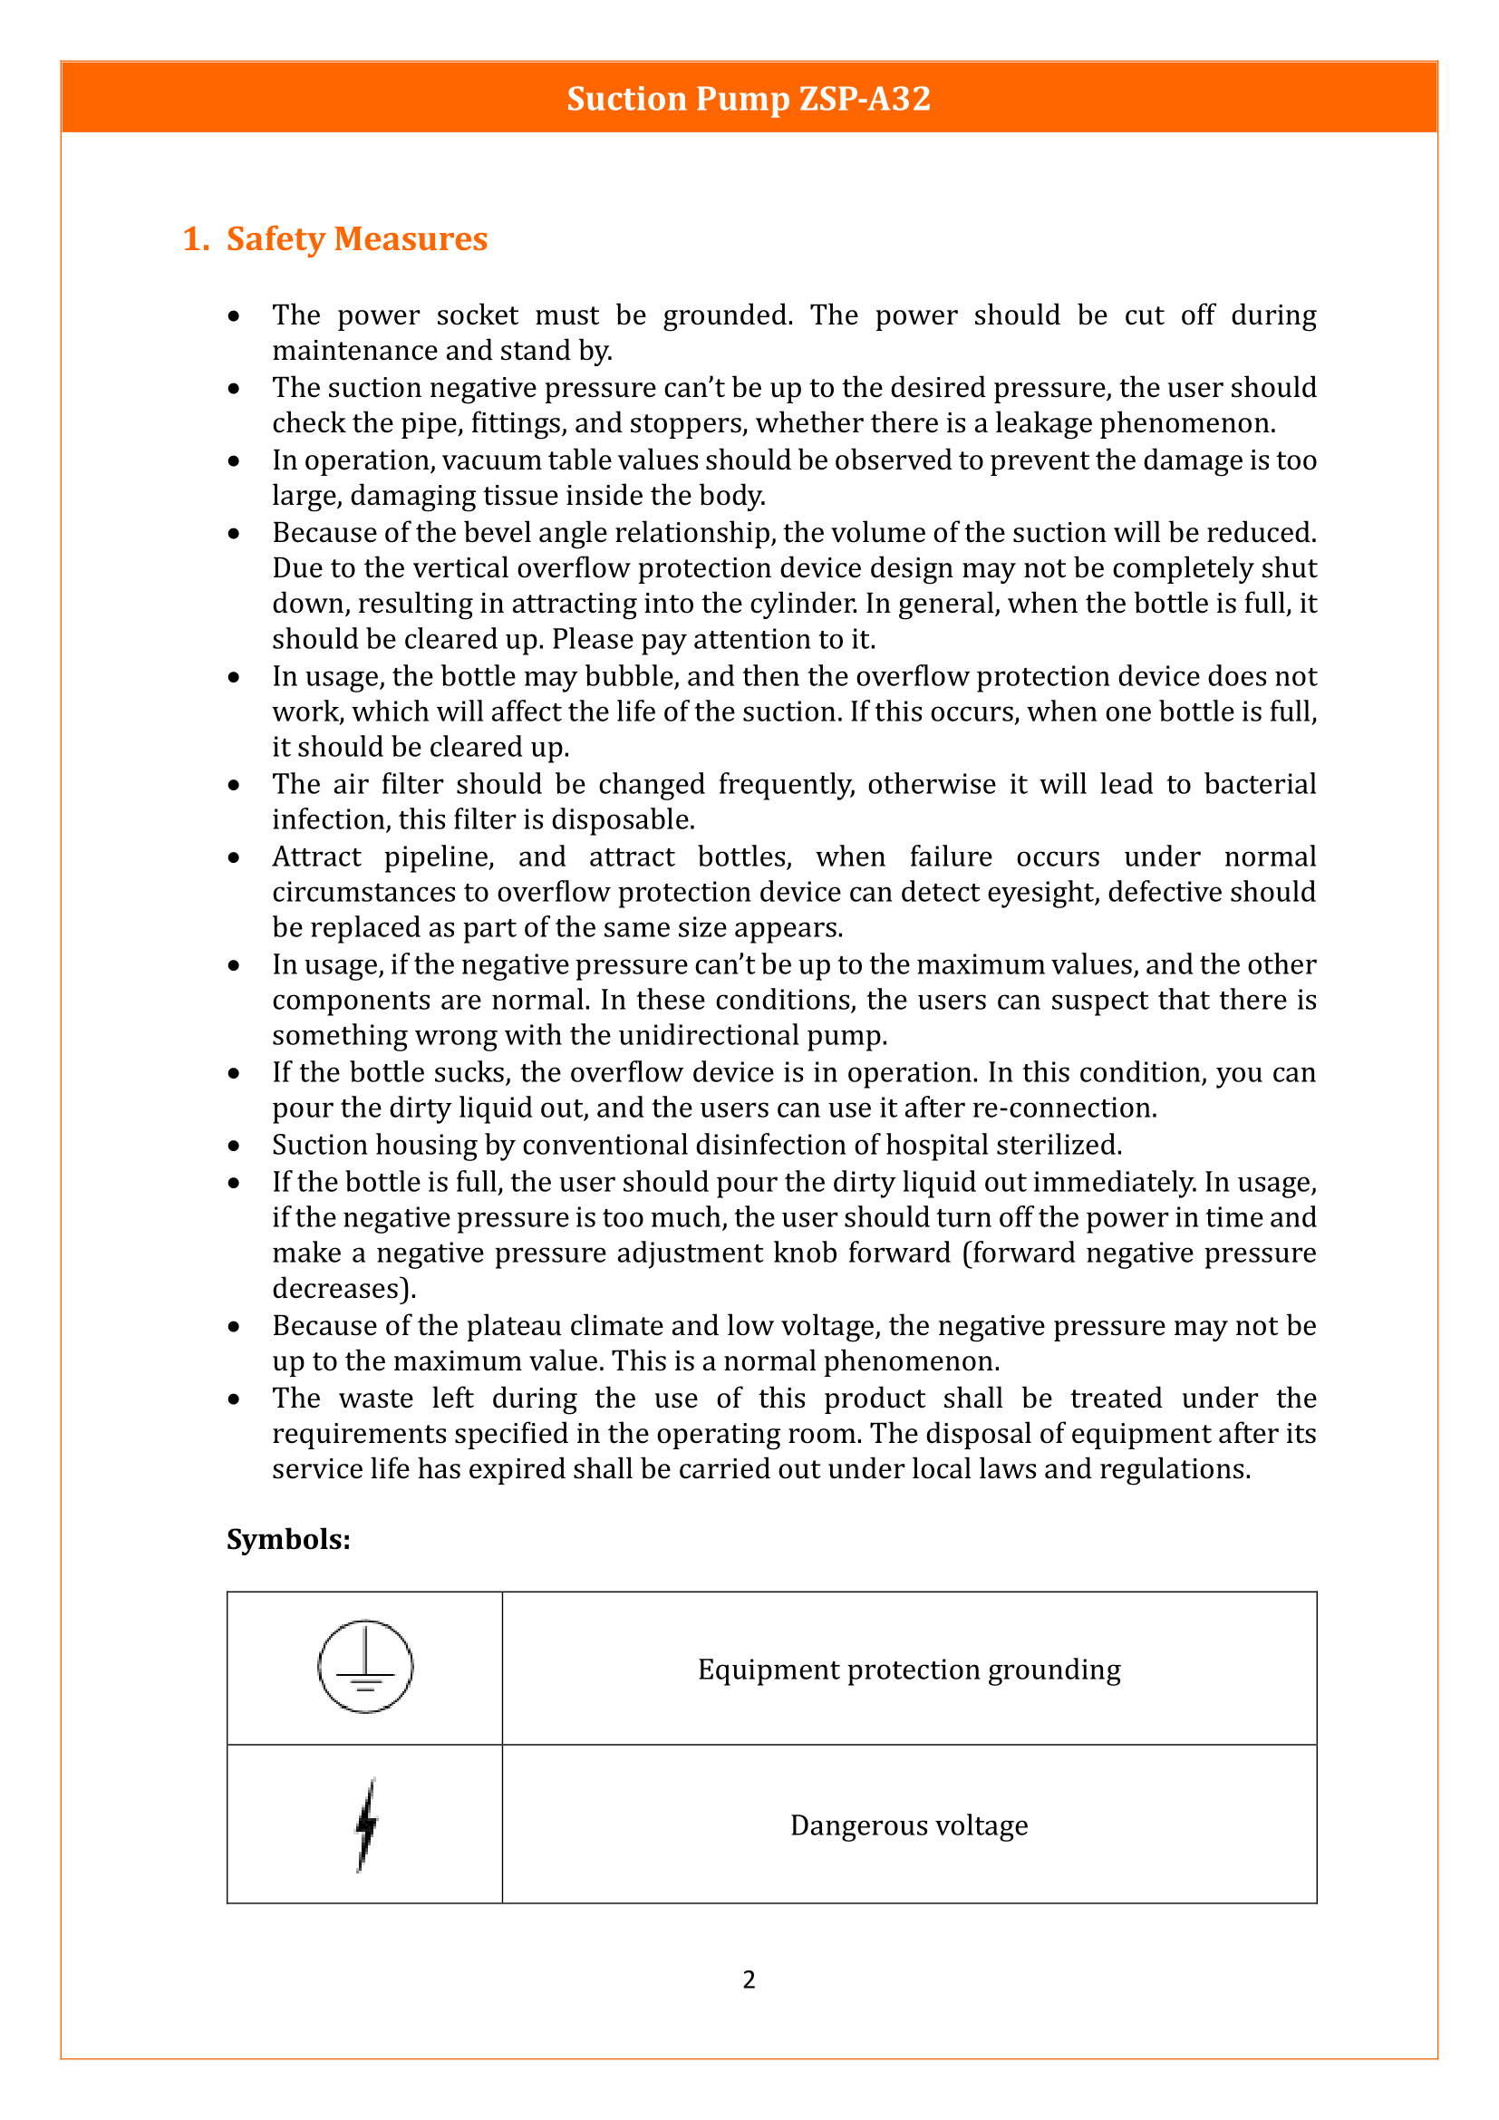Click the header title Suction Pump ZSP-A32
(x=749, y=99)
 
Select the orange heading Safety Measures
(x=356, y=239)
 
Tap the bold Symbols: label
(x=288, y=1539)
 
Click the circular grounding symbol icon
(x=365, y=1667)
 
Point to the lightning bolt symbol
(x=366, y=1825)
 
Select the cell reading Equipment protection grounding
(x=909, y=1670)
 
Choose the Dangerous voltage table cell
(x=909, y=1825)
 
